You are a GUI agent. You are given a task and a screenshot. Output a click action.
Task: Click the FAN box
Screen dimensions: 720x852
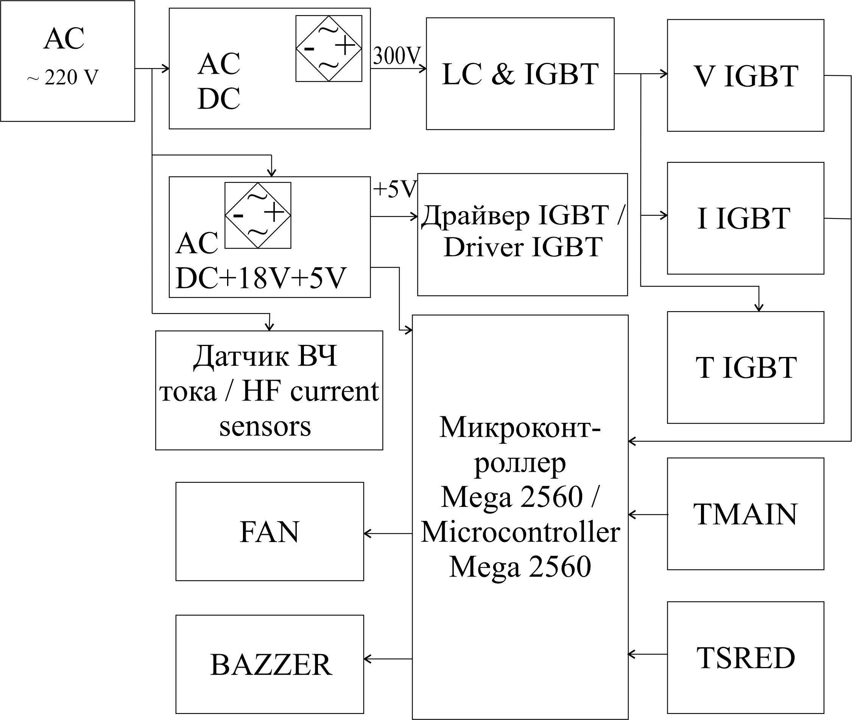[x=269, y=531]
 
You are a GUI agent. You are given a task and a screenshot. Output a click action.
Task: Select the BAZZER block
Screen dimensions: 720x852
[x=269, y=664]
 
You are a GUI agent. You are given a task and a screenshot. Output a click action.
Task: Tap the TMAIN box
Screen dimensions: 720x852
[x=745, y=514]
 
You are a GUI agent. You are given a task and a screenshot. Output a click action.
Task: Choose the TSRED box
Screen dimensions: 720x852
[x=745, y=658]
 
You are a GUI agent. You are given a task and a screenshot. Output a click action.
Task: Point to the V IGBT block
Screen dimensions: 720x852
[x=745, y=75]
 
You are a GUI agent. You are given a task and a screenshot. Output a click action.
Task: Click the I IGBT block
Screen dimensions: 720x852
[x=745, y=218]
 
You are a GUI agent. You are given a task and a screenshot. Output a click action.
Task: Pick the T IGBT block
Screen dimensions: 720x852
[x=745, y=367]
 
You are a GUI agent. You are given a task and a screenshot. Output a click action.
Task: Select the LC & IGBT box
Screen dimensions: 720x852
[x=520, y=73]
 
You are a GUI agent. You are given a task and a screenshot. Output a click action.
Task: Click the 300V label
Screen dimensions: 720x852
[x=396, y=56]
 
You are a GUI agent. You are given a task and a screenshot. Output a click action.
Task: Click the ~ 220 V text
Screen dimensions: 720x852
[x=63, y=78]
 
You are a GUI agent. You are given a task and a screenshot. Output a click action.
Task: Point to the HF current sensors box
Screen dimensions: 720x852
[x=269, y=390]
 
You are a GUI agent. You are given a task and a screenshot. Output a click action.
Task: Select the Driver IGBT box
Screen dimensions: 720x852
[x=522, y=234]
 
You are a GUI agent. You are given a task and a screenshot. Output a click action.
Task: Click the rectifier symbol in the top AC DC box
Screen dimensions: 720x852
[x=329, y=48]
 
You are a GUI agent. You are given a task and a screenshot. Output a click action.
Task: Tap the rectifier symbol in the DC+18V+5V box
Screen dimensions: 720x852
[x=258, y=215]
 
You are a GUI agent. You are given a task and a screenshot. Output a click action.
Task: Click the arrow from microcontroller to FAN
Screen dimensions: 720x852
[x=388, y=533]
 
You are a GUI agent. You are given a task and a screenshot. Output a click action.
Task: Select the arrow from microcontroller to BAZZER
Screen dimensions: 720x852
[x=388, y=659]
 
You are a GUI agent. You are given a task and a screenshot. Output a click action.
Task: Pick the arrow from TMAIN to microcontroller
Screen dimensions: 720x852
[x=648, y=515]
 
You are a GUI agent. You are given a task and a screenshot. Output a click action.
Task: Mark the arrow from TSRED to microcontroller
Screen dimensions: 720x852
[x=648, y=654]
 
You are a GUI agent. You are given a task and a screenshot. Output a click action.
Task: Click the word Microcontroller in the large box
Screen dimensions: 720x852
[x=520, y=532]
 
